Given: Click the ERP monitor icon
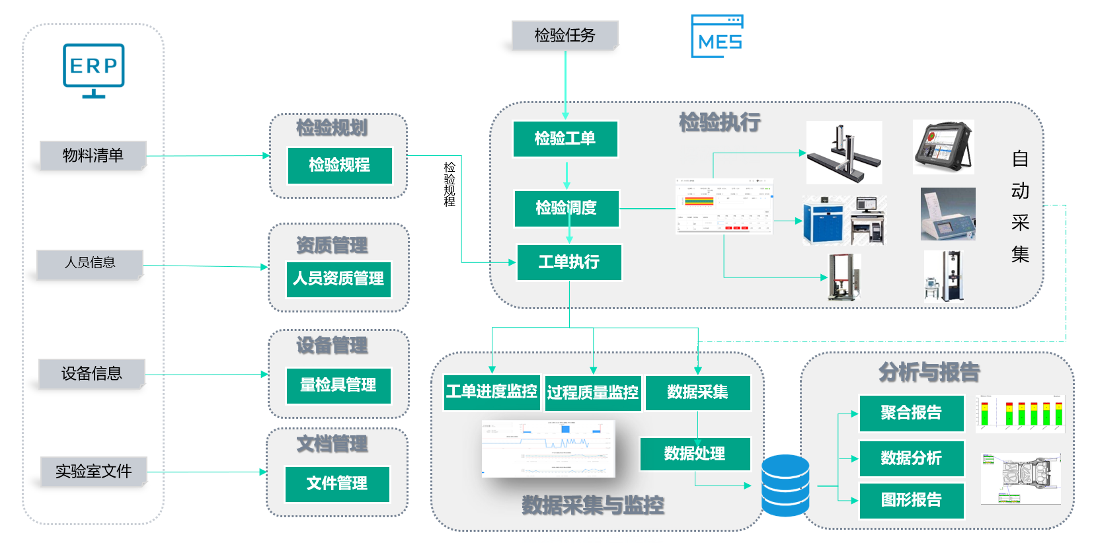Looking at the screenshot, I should point(93,69).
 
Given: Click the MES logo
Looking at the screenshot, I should point(717,37).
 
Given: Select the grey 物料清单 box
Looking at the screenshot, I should point(93,155).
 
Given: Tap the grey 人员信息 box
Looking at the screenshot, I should point(90,263).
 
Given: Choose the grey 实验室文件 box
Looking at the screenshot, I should point(93,471).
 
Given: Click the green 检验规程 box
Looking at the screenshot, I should point(340,165).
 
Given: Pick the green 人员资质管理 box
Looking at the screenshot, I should point(338,279).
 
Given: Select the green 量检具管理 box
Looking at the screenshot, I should point(338,385).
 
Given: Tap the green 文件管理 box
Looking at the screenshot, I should point(337,484).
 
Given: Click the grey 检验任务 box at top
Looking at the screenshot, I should point(565,35).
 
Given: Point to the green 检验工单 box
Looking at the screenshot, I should point(565,139).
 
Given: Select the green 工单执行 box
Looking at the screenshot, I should point(568,262).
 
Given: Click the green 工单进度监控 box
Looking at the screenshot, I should point(491,392).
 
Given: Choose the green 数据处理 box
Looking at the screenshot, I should point(695,454).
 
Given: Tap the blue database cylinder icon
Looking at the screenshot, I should point(785,486).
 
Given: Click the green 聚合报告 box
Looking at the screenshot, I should point(911,413).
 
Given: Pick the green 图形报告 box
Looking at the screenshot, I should point(911,500).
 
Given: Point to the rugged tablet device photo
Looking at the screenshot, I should point(943,147).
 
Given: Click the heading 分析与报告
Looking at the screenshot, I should point(929,373).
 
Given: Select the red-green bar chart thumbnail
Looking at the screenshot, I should point(1020,414).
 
